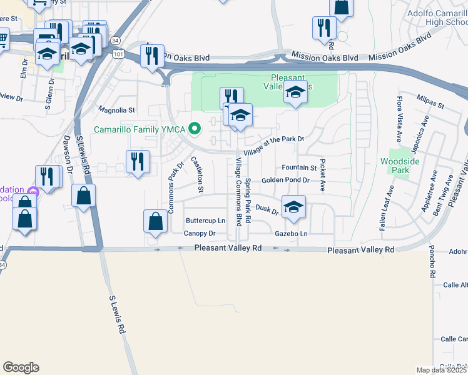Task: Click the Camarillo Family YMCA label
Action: click(141, 129)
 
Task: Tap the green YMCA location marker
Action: click(195, 129)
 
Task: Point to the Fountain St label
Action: click(299, 167)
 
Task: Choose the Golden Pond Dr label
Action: click(285, 180)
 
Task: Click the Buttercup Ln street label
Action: click(205, 221)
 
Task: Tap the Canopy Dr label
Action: click(200, 233)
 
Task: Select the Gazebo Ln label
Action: click(292, 233)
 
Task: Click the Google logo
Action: click(21, 367)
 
